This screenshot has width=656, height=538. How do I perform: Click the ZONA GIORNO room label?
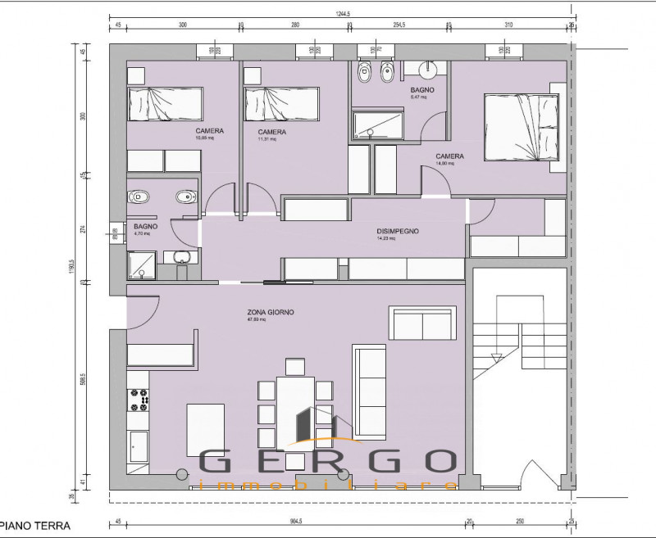271,312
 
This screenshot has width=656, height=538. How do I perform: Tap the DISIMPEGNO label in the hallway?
398,232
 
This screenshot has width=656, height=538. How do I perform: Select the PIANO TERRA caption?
34,523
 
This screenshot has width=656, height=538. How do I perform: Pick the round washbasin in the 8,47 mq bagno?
427,70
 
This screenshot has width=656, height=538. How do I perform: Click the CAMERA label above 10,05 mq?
210,131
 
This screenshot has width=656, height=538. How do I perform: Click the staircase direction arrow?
495,358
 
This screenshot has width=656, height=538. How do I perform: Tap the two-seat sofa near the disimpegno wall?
423,323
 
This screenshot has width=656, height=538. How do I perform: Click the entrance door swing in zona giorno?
144,311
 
